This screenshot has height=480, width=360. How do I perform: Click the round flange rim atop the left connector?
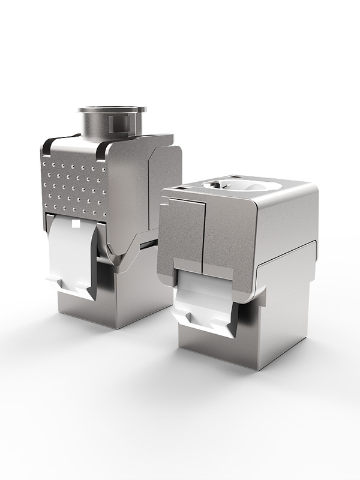pos(112,110)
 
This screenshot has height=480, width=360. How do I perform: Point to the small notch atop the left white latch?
pos(75,223)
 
